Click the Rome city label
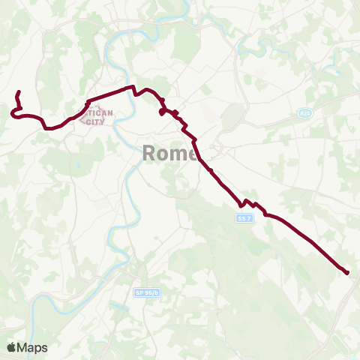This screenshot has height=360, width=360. [169, 154]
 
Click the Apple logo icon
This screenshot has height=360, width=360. [12, 347]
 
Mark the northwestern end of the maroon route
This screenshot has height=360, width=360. [17, 93]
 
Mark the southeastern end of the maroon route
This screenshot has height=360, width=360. [348, 273]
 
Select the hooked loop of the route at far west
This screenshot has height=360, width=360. [13, 112]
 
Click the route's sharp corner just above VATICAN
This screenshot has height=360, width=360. [88, 100]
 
